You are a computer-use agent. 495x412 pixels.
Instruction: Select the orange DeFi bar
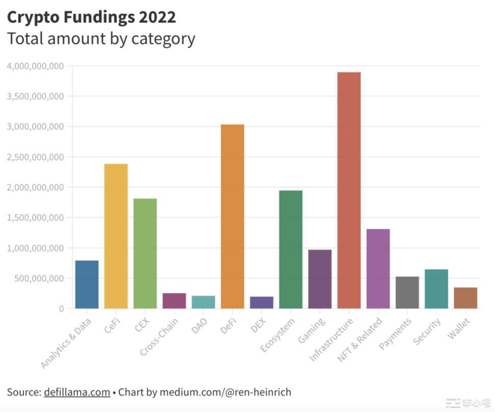click(x=232, y=216)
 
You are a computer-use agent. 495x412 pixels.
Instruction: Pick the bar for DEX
click(x=261, y=302)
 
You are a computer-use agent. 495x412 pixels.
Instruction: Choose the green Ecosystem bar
click(x=290, y=249)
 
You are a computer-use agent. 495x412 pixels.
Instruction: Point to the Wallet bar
click(x=465, y=298)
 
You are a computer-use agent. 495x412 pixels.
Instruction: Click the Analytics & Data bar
click(x=87, y=285)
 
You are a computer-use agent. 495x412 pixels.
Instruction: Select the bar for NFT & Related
click(x=378, y=269)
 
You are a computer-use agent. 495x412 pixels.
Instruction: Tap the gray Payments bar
click(x=407, y=292)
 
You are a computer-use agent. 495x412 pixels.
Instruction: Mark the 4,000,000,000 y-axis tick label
click(x=35, y=66)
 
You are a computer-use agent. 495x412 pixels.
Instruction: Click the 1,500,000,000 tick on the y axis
click(x=35, y=218)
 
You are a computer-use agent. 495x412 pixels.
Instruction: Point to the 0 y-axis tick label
click(x=61, y=308)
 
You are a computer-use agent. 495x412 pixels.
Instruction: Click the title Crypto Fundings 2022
click(x=91, y=17)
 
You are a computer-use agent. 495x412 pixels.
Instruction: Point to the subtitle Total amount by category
click(x=101, y=38)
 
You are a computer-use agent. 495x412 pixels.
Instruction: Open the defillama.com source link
click(x=77, y=392)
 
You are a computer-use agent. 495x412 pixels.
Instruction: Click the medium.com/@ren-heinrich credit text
click(x=226, y=392)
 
